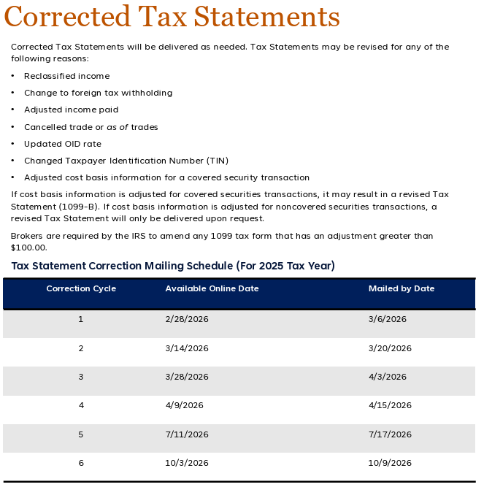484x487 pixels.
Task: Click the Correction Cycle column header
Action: point(81,288)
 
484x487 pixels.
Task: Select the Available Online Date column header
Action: point(212,288)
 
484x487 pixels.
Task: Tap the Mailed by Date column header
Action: point(401,288)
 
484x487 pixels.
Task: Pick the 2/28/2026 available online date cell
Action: point(187,319)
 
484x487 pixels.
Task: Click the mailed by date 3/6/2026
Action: point(387,319)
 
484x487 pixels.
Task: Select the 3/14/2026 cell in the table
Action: point(187,348)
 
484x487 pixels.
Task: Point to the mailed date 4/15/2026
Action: point(390,405)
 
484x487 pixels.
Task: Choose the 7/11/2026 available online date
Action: point(187,434)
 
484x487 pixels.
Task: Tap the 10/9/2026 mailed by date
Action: point(390,463)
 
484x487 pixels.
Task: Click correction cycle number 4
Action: point(81,405)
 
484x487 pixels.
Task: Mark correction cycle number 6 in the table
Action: point(81,463)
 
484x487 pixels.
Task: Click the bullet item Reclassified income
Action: point(66,76)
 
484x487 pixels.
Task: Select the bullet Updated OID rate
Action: point(62,144)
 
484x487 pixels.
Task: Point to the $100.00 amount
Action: point(26,248)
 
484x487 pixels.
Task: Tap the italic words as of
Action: point(117,127)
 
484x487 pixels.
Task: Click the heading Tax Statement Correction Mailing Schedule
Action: point(173,266)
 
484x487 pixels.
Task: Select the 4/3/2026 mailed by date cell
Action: point(387,377)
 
